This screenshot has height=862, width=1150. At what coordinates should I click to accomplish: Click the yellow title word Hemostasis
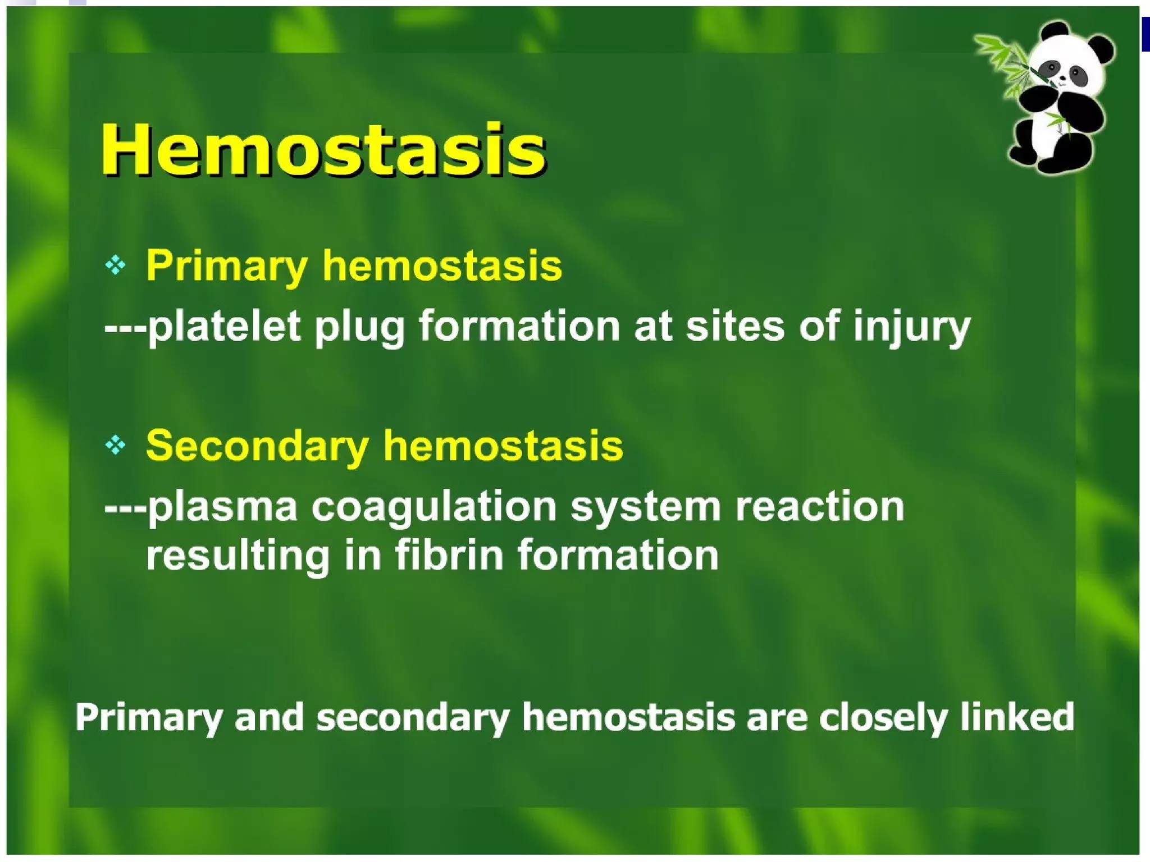323,149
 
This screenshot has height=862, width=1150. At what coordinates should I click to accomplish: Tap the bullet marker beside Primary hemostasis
116,265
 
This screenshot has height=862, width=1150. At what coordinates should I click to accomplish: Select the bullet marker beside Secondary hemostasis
116,446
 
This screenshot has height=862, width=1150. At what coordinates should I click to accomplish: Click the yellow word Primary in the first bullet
226,266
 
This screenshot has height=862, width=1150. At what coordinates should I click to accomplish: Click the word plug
359,328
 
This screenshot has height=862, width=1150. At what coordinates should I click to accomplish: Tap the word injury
911,328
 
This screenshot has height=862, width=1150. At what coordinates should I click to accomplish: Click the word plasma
222,507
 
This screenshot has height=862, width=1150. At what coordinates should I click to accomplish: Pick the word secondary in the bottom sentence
413,718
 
